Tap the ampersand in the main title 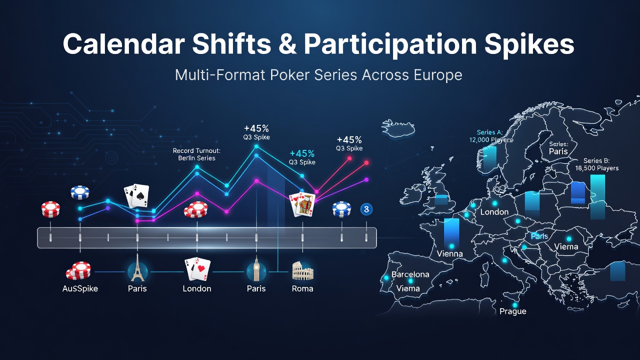tap(287, 44)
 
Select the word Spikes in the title tap(529, 45)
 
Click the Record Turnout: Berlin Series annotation tap(196, 154)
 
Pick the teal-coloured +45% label tap(302, 153)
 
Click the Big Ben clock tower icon tap(256, 268)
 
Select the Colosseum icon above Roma tap(302, 271)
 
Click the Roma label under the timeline tap(302, 288)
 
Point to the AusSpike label tap(80, 288)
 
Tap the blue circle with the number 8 tap(366, 209)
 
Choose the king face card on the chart tap(305, 204)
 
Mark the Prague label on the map tap(513, 311)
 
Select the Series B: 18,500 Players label tap(596, 164)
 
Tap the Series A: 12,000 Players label tap(490, 136)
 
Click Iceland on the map tap(397, 128)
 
